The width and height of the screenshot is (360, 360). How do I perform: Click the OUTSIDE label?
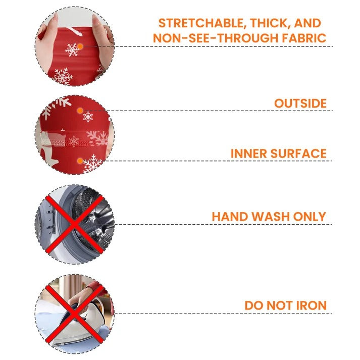(300, 104)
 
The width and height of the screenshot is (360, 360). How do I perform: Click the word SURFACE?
(298, 153)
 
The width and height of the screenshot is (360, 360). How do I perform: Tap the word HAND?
(230, 217)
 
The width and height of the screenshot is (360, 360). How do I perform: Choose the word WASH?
(271, 217)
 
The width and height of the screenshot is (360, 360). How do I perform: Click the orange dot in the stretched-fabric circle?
(80, 46)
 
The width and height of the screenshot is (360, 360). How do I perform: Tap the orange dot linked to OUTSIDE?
(80, 111)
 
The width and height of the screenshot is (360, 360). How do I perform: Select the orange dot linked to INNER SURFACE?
(80, 161)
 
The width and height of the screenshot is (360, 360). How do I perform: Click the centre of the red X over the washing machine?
(74, 224)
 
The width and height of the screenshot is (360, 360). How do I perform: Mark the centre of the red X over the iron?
(74, 314)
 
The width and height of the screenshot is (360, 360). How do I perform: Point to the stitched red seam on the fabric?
(76, 144)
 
